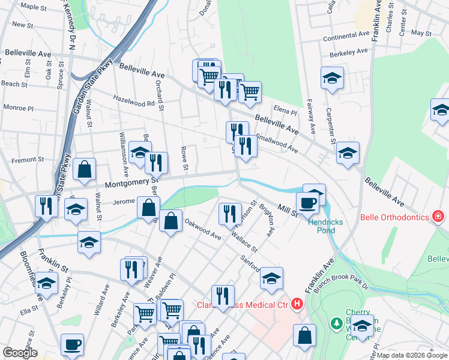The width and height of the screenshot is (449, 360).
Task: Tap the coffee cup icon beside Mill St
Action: (x=308, y=202)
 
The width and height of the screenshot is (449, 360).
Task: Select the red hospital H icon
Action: (x=297, y=305)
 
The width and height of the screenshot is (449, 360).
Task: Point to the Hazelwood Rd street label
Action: (x=133, y=103)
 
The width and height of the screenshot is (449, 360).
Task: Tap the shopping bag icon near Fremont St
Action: (x=85, y=170)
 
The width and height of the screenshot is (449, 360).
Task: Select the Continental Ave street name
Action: (x=345, y=37)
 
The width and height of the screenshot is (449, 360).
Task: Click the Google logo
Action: (x=20, y=353)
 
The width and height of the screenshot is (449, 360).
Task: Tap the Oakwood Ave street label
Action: (x=202, y=230)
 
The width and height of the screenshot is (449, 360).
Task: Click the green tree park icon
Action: (x=337, y=324)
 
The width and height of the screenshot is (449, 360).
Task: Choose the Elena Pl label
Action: (x=285, y=112)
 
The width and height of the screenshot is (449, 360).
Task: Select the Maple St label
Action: (x=34, y=7)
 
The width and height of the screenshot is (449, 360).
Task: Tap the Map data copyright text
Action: (x=412, y=355)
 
